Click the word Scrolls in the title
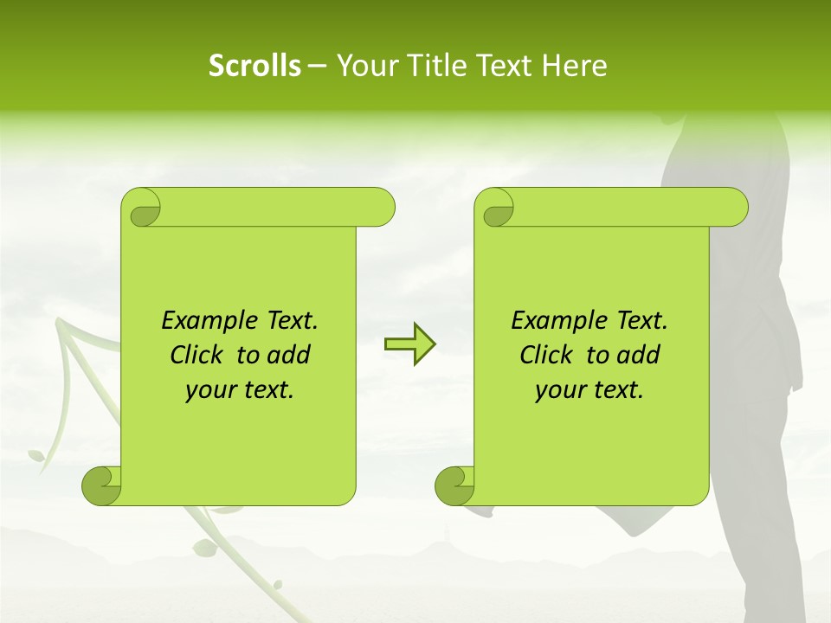coord(254,66)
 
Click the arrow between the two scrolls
coord(409,344)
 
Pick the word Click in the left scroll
coord(197,355)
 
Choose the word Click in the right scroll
coord(547,355)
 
